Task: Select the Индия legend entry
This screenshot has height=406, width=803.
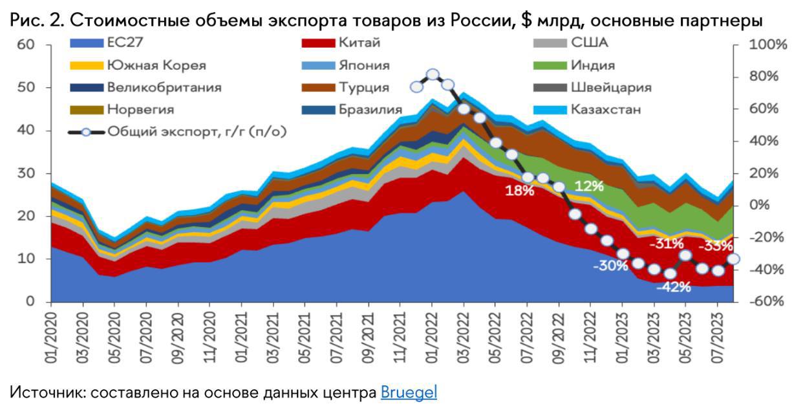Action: [592, 65]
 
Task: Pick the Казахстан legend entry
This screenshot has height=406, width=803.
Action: [605, 109]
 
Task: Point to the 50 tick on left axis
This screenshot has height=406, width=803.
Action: [26, 87]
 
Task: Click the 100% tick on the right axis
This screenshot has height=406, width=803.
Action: [767, 45]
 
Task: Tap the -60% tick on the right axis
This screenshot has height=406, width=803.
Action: [767, 302]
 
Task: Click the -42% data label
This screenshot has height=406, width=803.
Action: [673, 287]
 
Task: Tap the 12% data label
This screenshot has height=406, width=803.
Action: [588, 186]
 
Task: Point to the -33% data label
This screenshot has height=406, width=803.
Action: [716, 246]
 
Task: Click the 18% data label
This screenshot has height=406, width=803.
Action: [519, 191]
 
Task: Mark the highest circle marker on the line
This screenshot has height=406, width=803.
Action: [433, 74]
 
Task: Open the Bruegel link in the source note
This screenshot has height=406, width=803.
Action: [409, 392]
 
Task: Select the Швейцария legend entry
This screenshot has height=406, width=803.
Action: [611, 87]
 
